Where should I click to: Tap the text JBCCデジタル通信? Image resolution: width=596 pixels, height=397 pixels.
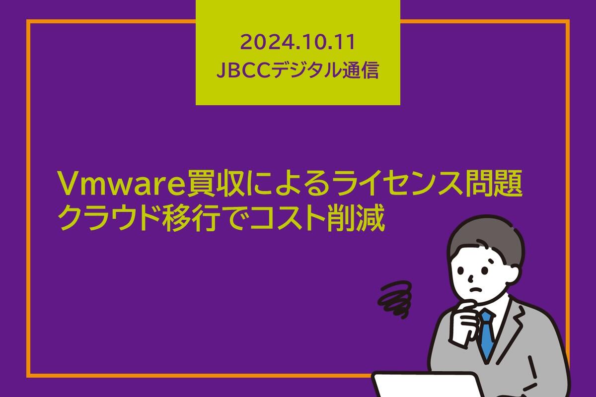click(x=298, y=71)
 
